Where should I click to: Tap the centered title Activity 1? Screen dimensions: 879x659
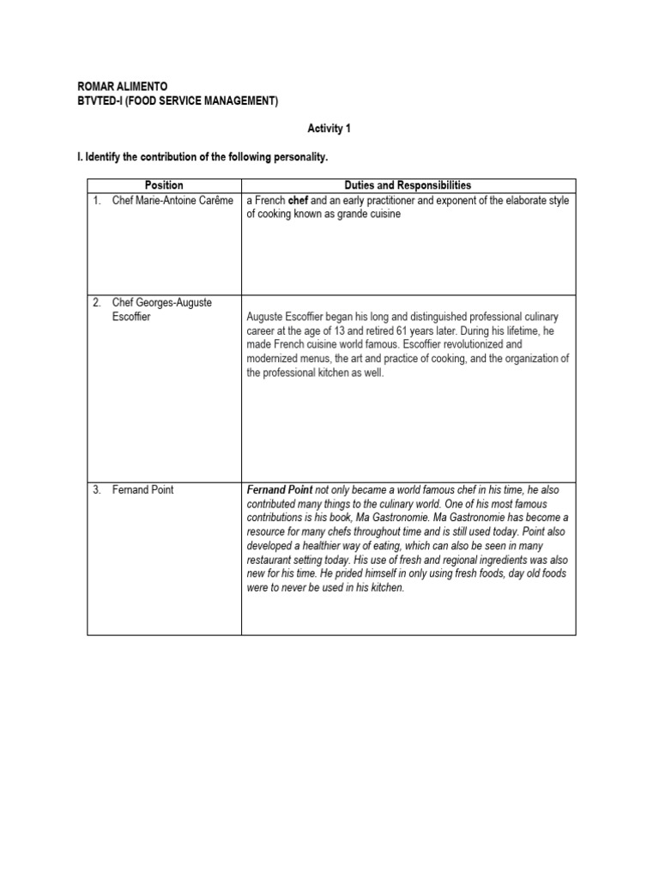329,129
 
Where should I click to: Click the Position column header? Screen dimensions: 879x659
164,185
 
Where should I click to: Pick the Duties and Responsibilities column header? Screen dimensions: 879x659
408,185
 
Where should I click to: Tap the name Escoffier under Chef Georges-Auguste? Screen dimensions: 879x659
131,317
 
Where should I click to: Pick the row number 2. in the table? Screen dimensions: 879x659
97,302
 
